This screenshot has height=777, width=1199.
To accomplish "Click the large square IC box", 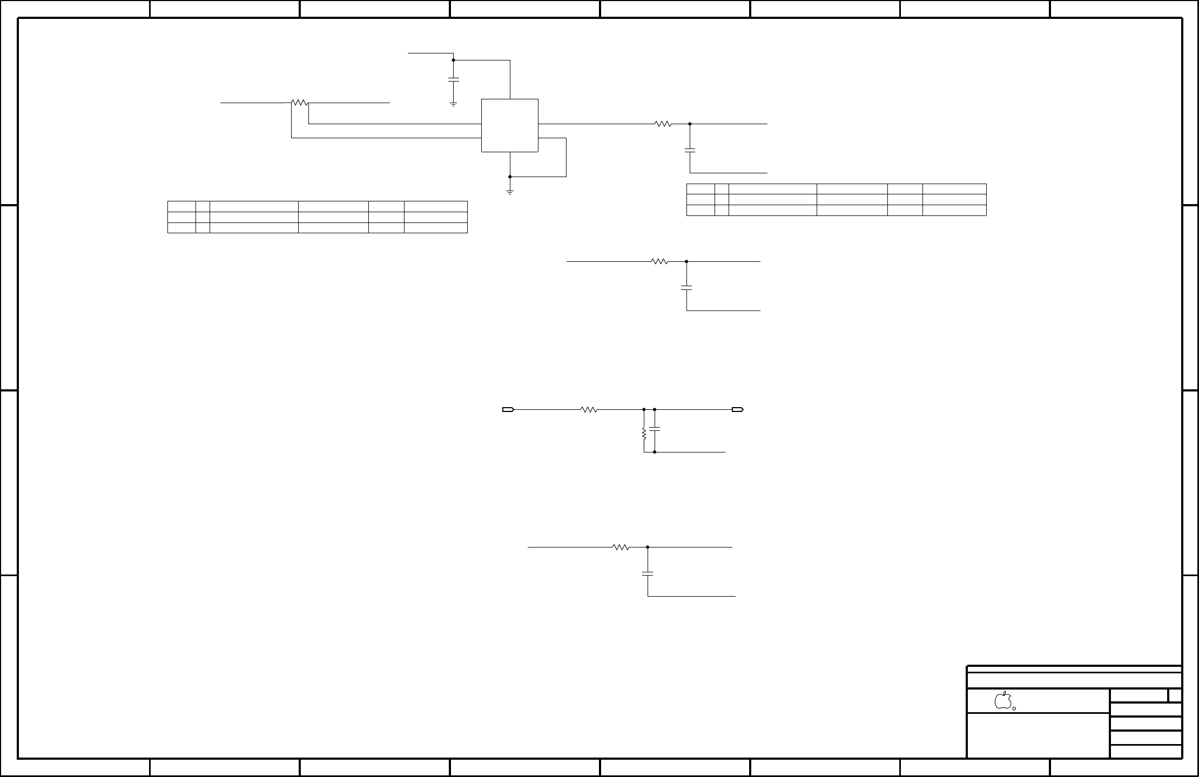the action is [509, 125].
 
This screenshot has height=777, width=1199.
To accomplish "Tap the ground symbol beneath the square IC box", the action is [509, 191].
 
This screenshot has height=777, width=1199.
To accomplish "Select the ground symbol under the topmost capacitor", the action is [453, 104].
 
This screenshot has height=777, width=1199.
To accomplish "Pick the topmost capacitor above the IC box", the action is [453, 80].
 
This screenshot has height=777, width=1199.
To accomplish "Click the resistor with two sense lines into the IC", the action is [299, 102].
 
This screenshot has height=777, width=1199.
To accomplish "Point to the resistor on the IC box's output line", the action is [663, 124].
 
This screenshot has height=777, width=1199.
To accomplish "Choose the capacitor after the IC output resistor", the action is [690, 150].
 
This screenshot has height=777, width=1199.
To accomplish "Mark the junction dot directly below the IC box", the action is [509, 177].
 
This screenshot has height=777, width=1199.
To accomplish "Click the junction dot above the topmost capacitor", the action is [453, 60].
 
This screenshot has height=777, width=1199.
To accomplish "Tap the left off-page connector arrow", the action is [508, 410].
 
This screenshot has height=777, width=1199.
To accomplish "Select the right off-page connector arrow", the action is [738, 410].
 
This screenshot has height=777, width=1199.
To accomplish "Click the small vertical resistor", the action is [644, 433].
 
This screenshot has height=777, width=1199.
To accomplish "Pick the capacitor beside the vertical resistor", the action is [655, 429].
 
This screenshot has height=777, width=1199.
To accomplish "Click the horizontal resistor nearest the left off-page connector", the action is [589, 410].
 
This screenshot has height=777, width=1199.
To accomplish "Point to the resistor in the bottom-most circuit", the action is [621, 547].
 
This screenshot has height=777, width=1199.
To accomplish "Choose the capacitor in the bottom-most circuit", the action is [648, 573].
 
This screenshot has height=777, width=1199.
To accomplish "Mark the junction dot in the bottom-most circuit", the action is [648, 547].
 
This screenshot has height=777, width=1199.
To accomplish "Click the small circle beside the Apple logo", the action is [1014, 708].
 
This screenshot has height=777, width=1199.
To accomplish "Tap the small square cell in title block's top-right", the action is [1175, 695].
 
